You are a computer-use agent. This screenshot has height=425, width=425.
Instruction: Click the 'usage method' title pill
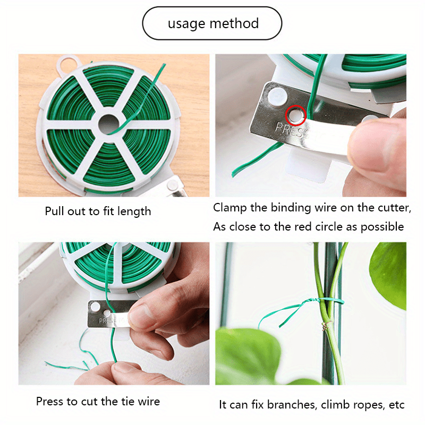212,24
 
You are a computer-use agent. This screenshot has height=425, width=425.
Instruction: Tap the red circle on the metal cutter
296,113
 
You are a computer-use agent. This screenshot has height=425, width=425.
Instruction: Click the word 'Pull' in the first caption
55,211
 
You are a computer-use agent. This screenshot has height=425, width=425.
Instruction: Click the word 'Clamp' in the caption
230,208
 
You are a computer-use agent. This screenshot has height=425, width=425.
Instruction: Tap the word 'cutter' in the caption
394,208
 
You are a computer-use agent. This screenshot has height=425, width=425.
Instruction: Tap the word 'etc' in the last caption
396,405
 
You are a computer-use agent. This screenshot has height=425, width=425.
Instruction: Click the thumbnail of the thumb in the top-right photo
378,143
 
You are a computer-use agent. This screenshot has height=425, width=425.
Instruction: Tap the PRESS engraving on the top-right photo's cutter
289,129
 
